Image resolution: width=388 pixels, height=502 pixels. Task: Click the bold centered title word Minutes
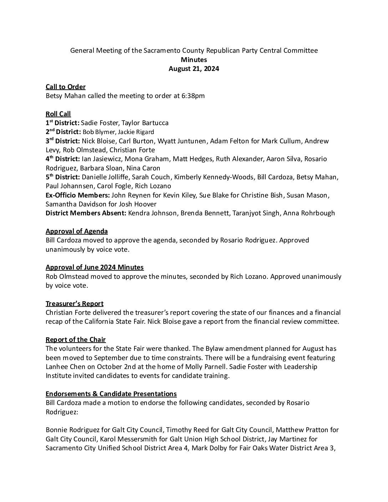click(194, 60)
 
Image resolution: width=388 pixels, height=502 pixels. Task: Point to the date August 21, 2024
click(194, 69)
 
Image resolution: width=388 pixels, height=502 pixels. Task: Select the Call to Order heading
click(65, 87)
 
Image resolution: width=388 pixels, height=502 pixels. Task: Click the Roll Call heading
click(58, 114)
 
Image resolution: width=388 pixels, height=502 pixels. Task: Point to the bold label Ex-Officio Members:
click(78, 195)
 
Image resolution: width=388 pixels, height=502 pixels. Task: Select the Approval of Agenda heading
click(77, 231)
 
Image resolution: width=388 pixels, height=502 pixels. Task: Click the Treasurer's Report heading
click(75, 303)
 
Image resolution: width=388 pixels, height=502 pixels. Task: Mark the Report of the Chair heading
click(76, 339)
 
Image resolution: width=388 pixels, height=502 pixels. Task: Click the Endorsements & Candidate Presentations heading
click(111, 394)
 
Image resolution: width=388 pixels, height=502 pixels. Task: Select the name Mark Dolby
click(208, 448)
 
